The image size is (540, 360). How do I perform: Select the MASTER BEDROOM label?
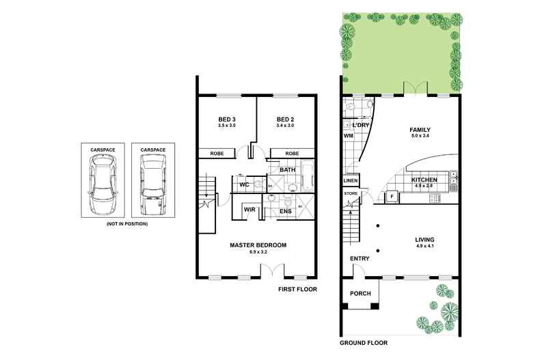click(x=258, y=245)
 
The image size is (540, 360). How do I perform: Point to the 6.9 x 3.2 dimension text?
click(x=258, y=252)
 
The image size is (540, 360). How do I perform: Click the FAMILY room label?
click(x=419, y=129)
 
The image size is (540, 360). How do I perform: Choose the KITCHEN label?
click(x=424, y=180)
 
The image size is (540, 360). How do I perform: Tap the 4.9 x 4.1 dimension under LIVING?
click(x=424, y=245)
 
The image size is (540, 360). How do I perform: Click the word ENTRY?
click(x=360, y=258)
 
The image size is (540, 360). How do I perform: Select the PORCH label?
click(x=360, y=294)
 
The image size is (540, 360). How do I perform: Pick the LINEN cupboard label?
click(x=350, y=181)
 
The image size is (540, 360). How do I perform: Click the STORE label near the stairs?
click(x=351, y=193)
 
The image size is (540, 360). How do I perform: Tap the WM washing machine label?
click(x=347, y=136)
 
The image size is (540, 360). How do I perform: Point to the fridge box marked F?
click(x=392, y=197)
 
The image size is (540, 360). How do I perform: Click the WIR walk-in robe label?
click(x=250, y=210)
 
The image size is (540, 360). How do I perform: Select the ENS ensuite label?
click(x=286, y=212)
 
